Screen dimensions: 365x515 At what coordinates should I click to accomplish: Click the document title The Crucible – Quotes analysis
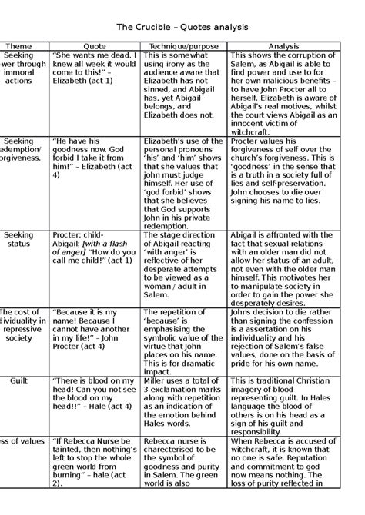pos(182,27)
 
